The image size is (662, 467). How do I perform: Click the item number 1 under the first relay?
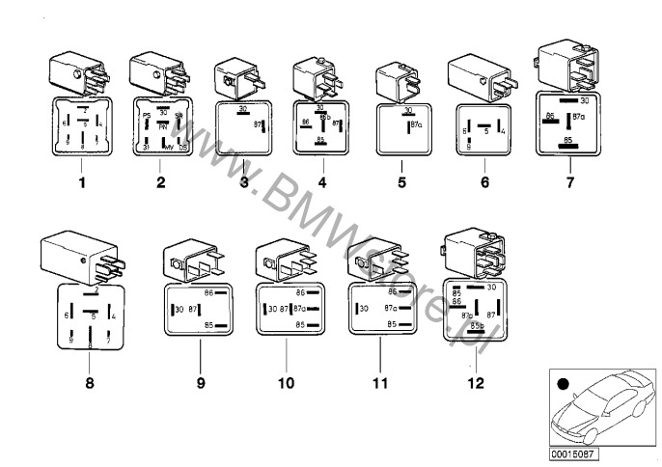pos(83,179)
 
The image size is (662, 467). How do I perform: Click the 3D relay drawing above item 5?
pos(398,78)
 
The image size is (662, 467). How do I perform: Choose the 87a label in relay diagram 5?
pos(417,124)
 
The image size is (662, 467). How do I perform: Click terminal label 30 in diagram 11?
pos(363,308)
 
